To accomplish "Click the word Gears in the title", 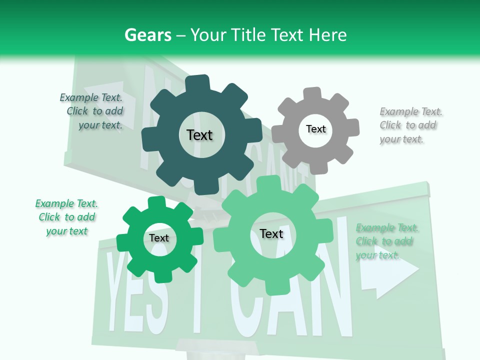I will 148,35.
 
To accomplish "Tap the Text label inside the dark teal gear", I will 199,135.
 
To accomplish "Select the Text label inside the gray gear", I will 315,129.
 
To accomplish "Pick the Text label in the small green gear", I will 159,238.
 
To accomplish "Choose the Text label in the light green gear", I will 271,233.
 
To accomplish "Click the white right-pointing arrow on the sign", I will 390,270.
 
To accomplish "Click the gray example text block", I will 410,125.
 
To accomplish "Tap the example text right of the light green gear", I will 386,241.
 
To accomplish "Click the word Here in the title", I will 327,35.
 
